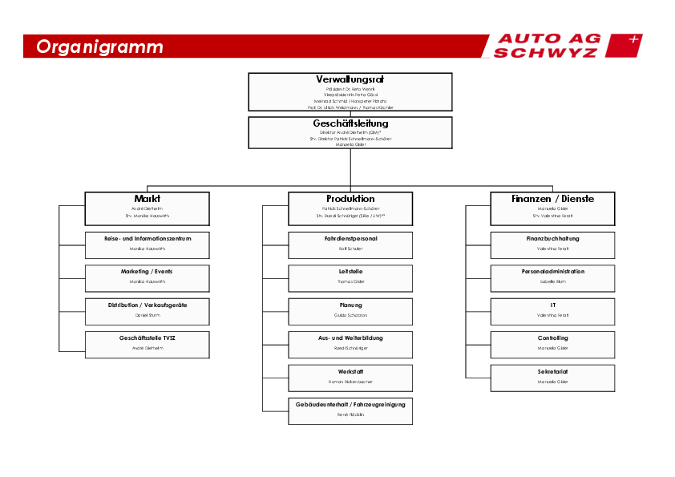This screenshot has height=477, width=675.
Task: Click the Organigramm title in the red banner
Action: pos(99,46)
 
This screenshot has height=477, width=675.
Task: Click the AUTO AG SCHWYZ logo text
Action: pos(545,46)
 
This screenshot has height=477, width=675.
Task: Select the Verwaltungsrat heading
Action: pos(350,79)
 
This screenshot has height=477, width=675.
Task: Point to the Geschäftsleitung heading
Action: pos(350,123)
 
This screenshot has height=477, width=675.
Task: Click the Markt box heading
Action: pos(148,198)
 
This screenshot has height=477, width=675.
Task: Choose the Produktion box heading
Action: pos(350,198)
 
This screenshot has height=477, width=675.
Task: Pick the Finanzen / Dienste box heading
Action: pos(552,198)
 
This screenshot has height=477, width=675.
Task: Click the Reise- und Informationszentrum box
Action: pos(148,245)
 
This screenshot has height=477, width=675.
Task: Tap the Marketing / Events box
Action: pos(148,277)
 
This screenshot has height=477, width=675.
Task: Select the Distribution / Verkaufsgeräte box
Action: pos(148,311)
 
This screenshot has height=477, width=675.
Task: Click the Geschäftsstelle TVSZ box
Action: pos(148,344)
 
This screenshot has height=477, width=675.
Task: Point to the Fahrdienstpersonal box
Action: pos(350,245)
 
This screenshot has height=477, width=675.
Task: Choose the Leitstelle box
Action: pos(350,277)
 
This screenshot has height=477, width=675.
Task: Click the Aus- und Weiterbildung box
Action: pos(350,344)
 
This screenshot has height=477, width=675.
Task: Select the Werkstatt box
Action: pos(350,378)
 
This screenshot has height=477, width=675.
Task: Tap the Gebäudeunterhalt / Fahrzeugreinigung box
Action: pos(350,410)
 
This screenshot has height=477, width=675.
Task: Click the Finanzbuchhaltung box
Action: pos(552,245)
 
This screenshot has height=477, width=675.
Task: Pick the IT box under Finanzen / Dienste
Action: pos(552,311)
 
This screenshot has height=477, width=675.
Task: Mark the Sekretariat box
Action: pos(552,378)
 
